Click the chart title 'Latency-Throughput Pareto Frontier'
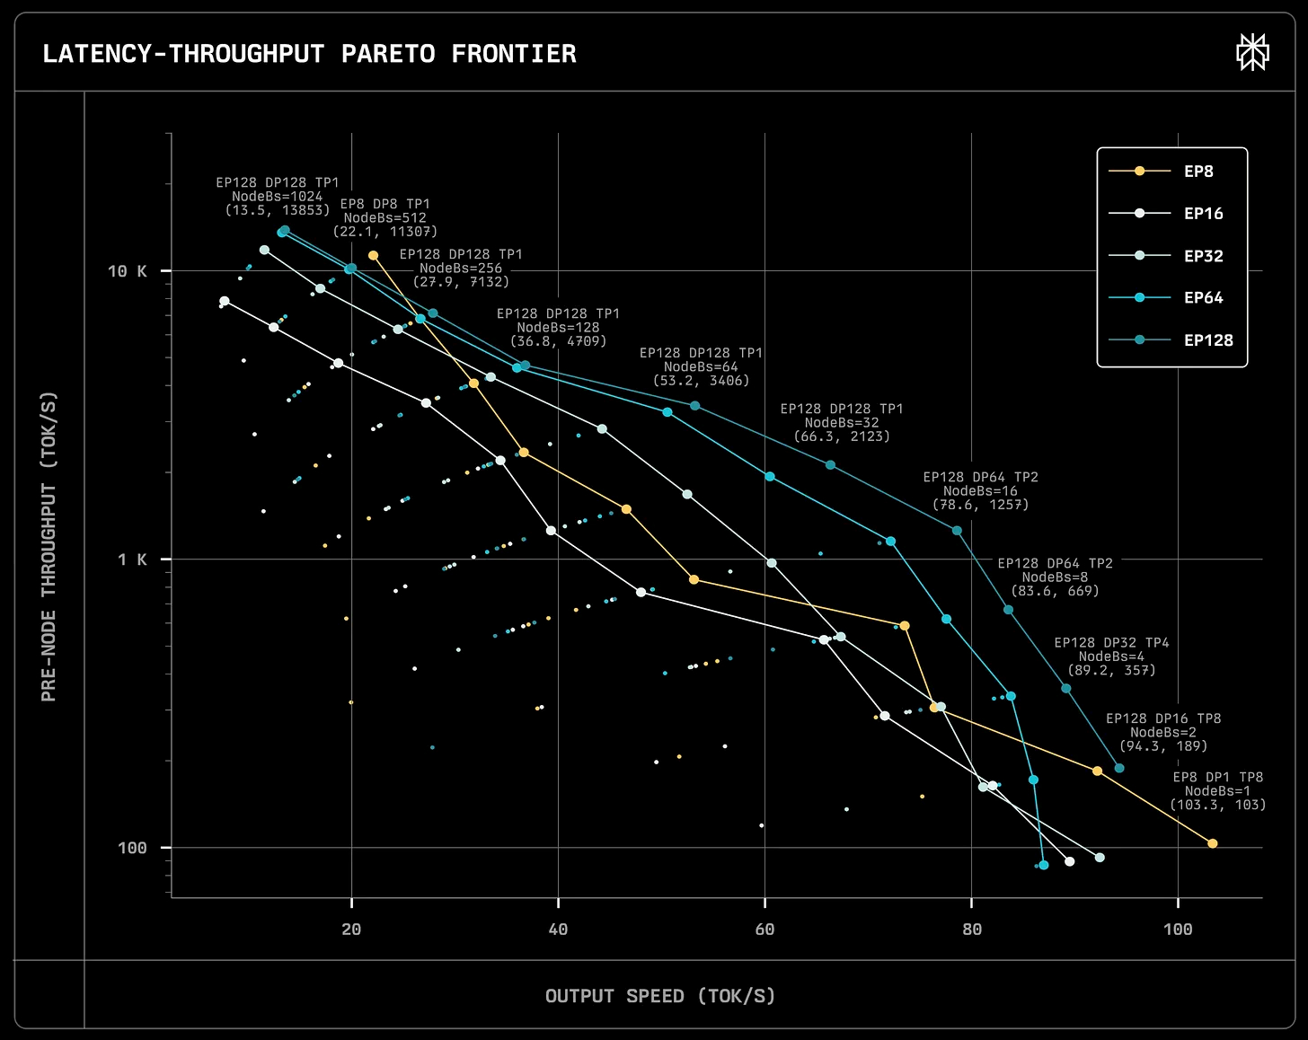click(309, 54)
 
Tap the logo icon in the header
click(1252, 52)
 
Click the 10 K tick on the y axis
click(127, 271)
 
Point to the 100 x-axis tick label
click(1178, 930)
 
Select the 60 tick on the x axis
click(764, 930)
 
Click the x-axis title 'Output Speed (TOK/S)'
click(660, 996)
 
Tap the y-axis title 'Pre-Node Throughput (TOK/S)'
click(49, 546)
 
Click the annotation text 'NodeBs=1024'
click(277, 197)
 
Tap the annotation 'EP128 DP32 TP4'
click(1111, 643)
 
